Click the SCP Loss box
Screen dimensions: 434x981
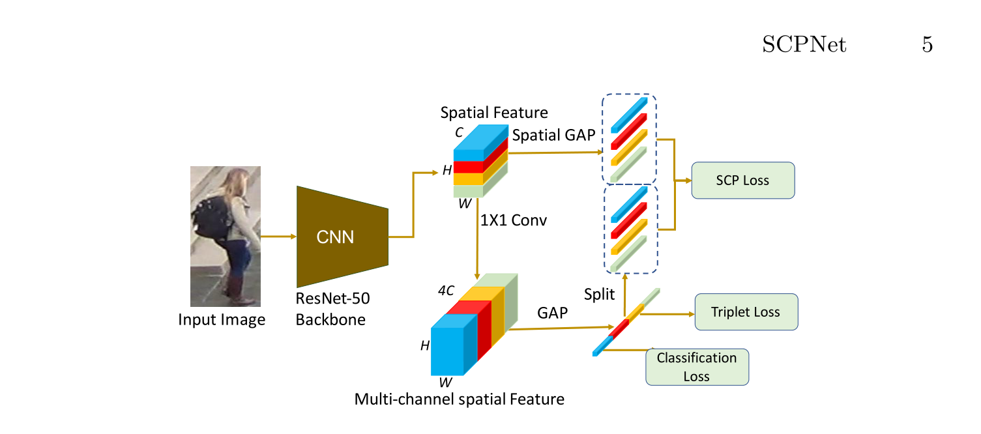point(742,181)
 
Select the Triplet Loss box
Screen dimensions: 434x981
point(746,312)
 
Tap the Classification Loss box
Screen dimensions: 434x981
point(696,367)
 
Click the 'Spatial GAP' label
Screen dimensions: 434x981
point(554,136)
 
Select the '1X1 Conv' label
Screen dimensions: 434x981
point(513,220)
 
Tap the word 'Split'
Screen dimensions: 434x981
point(599,295)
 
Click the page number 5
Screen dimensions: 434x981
point(926,45)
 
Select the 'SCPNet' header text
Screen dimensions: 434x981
point(804,45)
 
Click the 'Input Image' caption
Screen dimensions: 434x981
point(222,320)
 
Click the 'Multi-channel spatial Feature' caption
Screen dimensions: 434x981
point(459,399)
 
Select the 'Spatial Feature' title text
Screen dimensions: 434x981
point(494,113)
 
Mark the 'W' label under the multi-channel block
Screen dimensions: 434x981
point(445,383)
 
